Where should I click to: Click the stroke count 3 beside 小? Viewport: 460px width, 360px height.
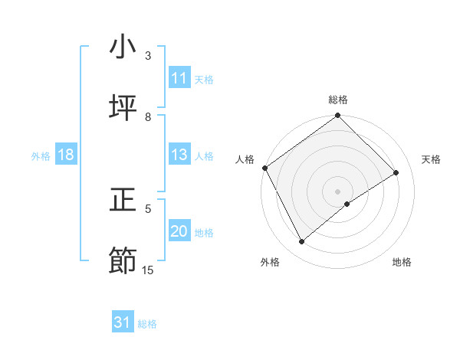(148, 56)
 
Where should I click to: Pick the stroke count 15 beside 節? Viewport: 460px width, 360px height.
(148, 270)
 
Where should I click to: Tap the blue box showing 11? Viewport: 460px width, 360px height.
(179, 78)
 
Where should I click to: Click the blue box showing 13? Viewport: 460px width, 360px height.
(179, 155)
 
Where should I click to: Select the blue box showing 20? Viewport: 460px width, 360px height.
(179, 231)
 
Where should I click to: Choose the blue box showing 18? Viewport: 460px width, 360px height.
(66, 155)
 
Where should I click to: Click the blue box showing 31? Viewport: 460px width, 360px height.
(123, 322)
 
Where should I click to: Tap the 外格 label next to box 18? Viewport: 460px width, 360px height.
(41, 155)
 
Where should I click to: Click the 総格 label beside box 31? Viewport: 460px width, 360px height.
(147, 323)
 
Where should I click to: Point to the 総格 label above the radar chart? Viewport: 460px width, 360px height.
(338, 100)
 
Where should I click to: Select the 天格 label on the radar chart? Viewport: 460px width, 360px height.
(432, 159)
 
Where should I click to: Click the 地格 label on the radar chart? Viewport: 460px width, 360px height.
(402, 262)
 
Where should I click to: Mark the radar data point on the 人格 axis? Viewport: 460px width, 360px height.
(264, 168)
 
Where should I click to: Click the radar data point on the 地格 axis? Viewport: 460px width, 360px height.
(347, 204)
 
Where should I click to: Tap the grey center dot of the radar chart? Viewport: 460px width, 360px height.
(338, 191)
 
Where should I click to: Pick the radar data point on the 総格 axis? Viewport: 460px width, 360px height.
(338, 116)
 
